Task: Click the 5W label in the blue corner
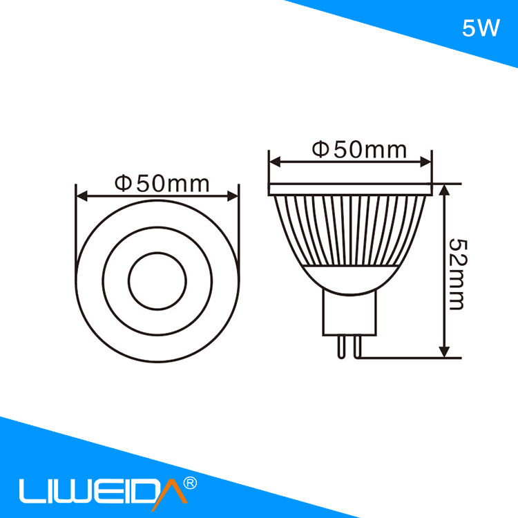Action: [x=481, y=29]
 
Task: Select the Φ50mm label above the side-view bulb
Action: [x=358, y=149]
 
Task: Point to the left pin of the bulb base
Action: [x=340, y=345]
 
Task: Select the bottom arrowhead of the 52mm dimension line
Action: [x=445, y=352]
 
